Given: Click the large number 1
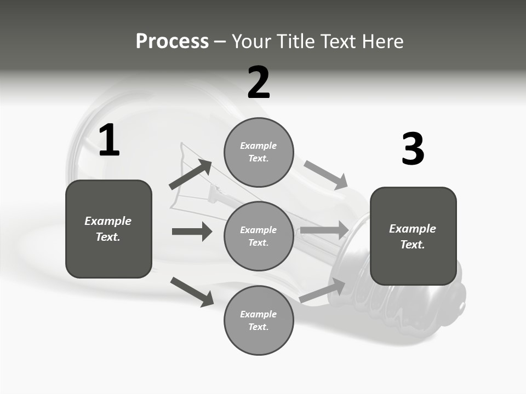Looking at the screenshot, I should (109, 141).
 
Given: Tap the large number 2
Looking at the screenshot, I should (259, 83).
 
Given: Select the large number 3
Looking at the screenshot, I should (413, 149).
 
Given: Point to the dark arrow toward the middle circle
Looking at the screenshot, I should (192, 231).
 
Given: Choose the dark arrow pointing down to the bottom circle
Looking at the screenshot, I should (192, 292).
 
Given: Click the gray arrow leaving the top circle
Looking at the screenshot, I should (325, 175).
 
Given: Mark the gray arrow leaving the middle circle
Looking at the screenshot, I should (324, 230).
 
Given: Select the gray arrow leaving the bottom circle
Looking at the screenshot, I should (322, 291).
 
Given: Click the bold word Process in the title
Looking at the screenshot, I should (172, 41).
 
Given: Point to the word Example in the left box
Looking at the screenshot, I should (108, 221).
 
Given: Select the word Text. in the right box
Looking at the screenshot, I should (413, 245).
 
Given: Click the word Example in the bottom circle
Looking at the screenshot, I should (258, 314).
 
